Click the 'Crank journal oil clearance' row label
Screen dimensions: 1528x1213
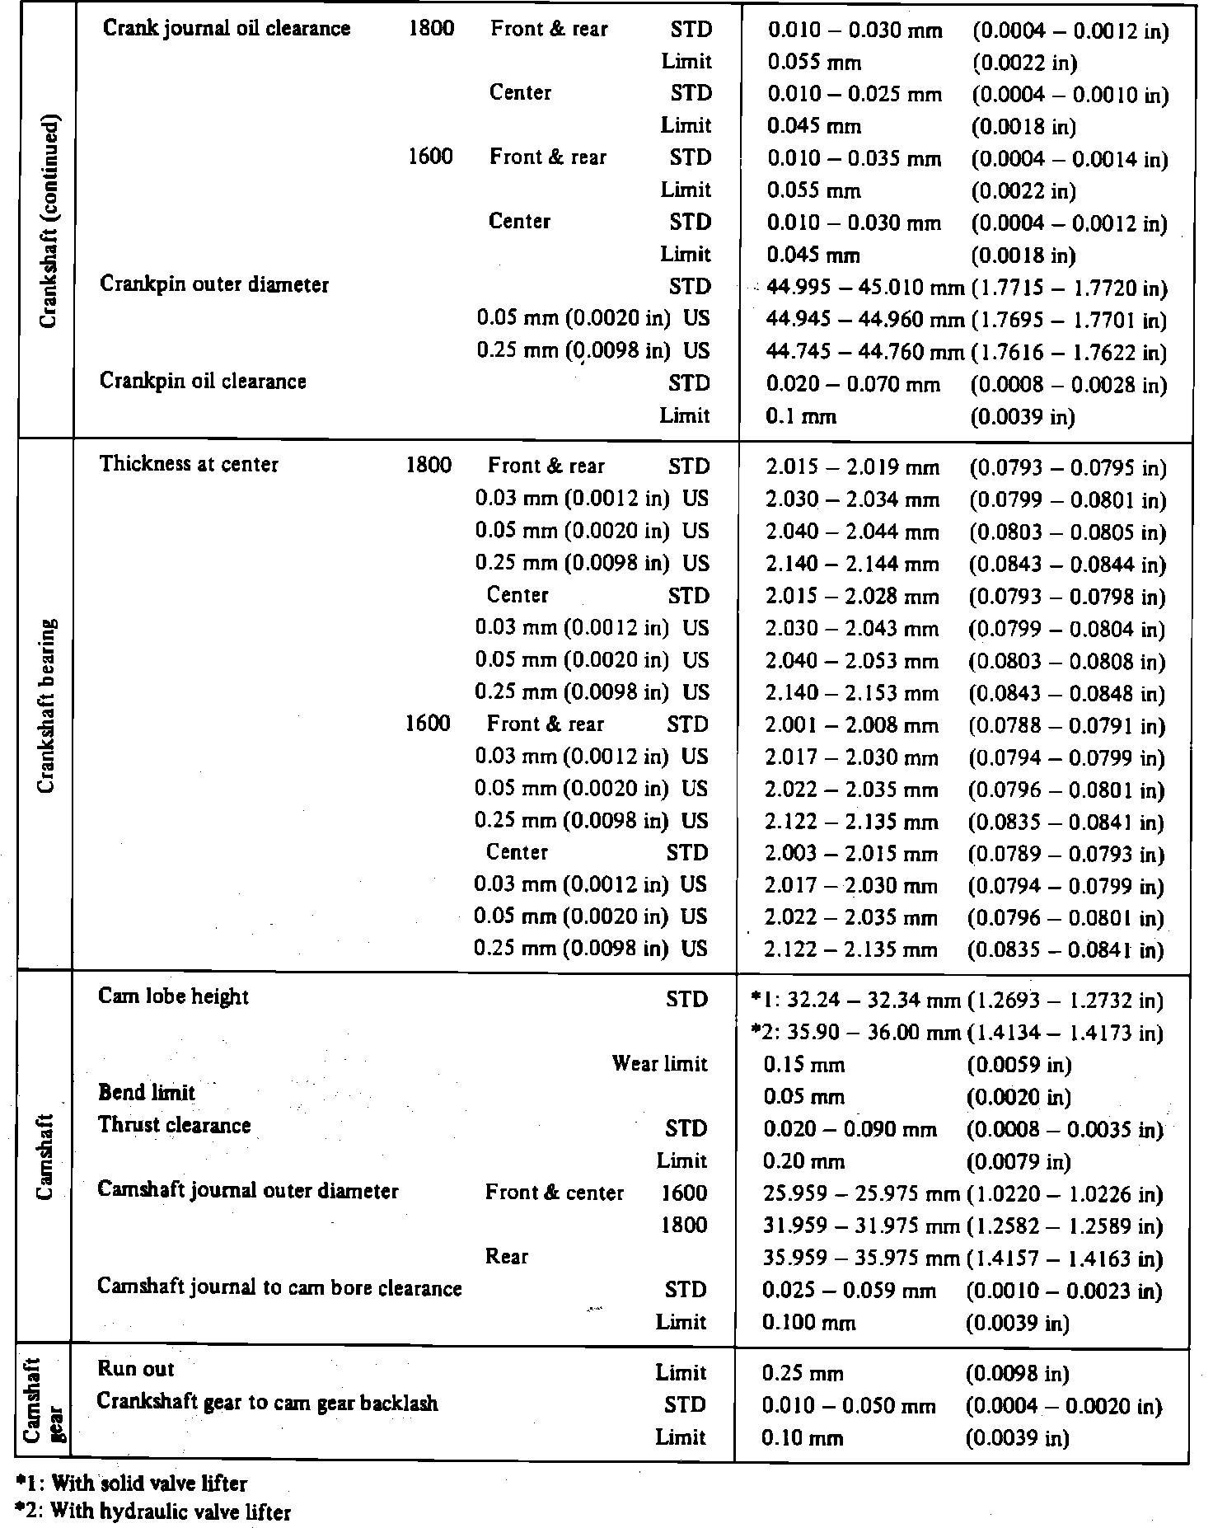[227, 29]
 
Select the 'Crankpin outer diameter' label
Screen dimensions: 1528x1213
[214, 285]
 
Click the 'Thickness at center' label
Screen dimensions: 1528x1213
[189, 465]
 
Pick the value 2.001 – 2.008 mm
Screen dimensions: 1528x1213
[851, 726]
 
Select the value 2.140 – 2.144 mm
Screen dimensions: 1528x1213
[852, 565]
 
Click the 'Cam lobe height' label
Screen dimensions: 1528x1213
[173, 997]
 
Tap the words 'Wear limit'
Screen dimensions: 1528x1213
[659, 1064]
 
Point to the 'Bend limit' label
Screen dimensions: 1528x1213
[147, 1093]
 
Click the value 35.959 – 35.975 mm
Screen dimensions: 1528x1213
[861, 1258]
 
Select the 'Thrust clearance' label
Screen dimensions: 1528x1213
[174, 1126]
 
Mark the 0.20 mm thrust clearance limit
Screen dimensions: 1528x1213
[804, 1162]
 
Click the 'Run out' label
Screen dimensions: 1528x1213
[136, 1369]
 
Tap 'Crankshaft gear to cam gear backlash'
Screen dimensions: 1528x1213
[267, 1403]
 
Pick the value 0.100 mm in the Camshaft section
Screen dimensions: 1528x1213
[809, 1324]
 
